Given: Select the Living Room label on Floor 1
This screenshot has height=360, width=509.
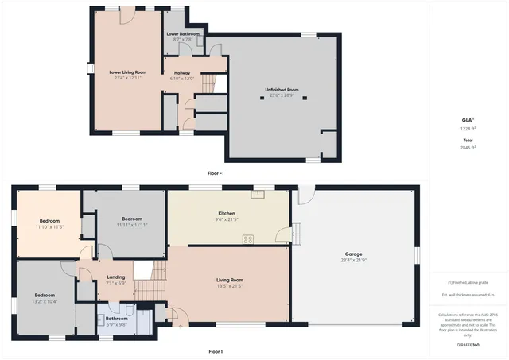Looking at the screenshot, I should (229, 280).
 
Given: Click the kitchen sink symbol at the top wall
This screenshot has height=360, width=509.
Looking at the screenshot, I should (258, 193).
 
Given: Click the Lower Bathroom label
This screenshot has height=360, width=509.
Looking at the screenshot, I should (182, 34).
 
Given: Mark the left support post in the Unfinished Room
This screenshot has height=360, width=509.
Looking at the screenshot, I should (262, 99).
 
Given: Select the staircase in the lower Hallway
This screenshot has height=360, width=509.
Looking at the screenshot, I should (208, 82).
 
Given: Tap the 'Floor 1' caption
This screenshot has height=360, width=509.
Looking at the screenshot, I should (215, 351).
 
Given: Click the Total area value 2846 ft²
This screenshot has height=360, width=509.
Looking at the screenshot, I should (468, 147).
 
